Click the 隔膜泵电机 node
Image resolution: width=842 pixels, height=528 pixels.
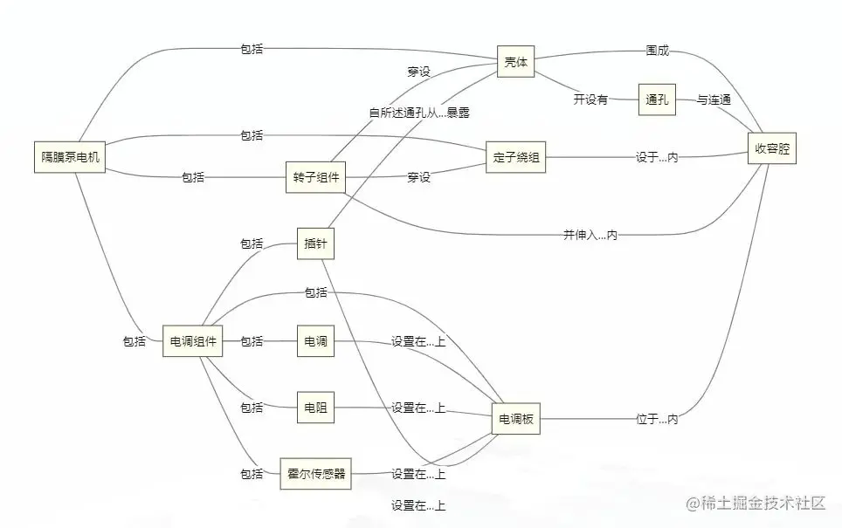(x=71, y=157)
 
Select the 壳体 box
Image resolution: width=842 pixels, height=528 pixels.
(x=515, y=63)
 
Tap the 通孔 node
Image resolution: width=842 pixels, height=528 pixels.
(x=657, y=100)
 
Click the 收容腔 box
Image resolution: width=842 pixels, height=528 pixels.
(x=772, y=149)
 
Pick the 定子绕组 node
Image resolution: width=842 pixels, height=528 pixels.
(x=516, y=157)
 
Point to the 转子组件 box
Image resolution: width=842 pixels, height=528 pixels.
(x=315, y=177)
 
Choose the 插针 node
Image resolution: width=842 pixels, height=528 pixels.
(x=315, y=243)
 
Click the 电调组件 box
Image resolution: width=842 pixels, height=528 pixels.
(x=193, y=341)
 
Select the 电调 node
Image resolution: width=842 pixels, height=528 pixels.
(x=315, y=341)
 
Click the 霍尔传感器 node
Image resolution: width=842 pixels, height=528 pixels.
(x=315, y=474)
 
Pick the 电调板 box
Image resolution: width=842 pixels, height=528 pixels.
(x=516, y=420)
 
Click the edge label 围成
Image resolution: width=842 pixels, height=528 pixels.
(x=657, y=51)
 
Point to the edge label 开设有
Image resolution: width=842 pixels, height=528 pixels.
(x=590, y=99)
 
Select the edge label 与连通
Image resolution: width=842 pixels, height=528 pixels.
(x=714, y=100)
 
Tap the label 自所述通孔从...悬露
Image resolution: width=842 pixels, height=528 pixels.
(x=424, y=112)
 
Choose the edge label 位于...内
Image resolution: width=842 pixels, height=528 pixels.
(x=657, y=420)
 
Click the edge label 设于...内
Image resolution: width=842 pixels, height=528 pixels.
(x=657, y=157)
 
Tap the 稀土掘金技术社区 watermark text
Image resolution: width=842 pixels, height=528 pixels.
(x=756, y=504)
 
